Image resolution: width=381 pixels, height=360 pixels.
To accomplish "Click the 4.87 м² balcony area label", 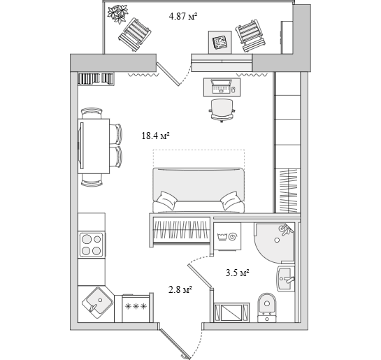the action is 182,17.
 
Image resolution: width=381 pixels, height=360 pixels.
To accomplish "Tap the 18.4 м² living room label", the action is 155,136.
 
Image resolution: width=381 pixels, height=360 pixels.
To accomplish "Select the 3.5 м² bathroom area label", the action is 237,273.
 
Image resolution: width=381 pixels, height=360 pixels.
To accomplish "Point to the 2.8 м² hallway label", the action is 180,289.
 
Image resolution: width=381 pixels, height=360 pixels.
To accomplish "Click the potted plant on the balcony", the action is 118,14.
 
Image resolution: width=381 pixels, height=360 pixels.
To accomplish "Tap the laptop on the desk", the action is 221,86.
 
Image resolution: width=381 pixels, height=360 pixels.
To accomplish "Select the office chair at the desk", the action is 222,110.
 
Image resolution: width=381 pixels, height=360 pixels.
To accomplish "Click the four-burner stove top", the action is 92,245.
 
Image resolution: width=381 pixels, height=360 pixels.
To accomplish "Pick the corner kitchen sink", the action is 97,303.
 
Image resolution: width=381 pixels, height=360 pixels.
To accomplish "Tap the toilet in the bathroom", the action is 267,307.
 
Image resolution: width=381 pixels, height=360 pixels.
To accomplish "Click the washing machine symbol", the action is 228,236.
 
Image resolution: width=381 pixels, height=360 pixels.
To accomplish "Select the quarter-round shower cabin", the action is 274,243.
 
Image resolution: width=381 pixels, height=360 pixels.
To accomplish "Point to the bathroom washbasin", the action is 286,279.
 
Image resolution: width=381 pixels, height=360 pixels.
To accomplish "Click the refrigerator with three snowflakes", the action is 136,308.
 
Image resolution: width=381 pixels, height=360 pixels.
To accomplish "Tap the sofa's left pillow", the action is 167,200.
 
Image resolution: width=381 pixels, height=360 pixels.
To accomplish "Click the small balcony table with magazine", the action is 220,42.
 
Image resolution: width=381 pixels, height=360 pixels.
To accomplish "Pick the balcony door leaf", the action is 168,74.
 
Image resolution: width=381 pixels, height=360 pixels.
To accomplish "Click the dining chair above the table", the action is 92,113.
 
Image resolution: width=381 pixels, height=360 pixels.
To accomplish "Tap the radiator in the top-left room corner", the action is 96,79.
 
